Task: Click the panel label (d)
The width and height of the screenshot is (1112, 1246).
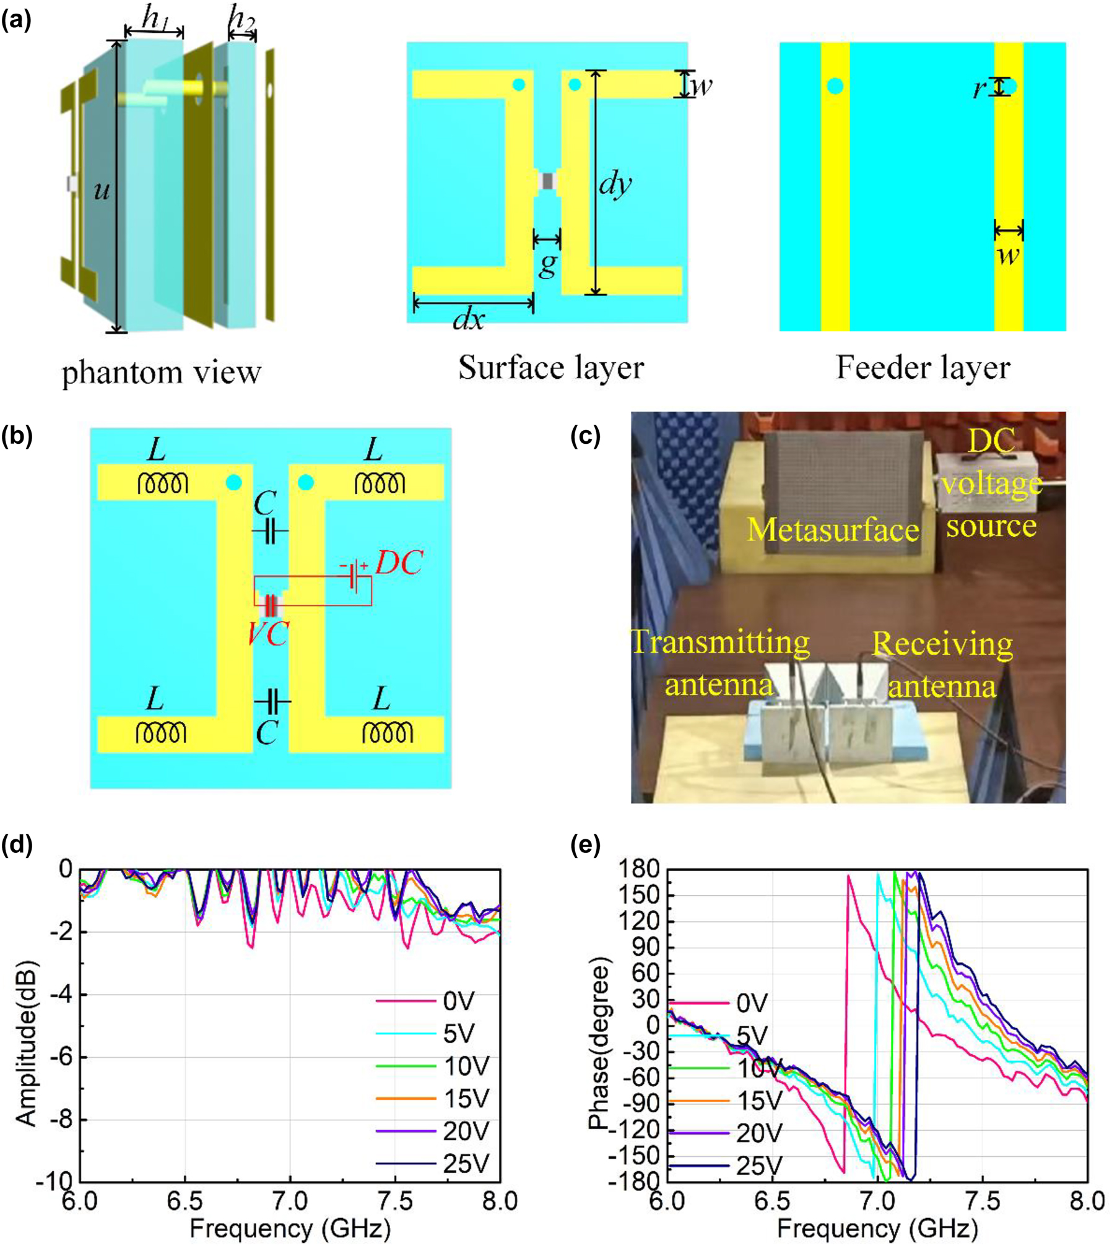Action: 17,844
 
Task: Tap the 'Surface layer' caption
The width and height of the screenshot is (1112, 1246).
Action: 550,368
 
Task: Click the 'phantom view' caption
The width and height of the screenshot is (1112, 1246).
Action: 162,372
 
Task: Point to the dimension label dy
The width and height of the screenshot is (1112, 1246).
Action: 615,184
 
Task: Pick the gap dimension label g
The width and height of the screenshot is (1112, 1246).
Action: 547,265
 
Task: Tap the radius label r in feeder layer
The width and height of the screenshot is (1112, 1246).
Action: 979,89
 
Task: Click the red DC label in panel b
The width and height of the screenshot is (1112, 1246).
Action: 399,563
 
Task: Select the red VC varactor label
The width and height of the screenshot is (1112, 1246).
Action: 268,633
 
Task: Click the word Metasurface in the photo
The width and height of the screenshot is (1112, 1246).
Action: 833,530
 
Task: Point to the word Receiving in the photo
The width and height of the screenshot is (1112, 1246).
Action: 942,644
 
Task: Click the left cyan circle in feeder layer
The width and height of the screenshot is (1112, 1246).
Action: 835,86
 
